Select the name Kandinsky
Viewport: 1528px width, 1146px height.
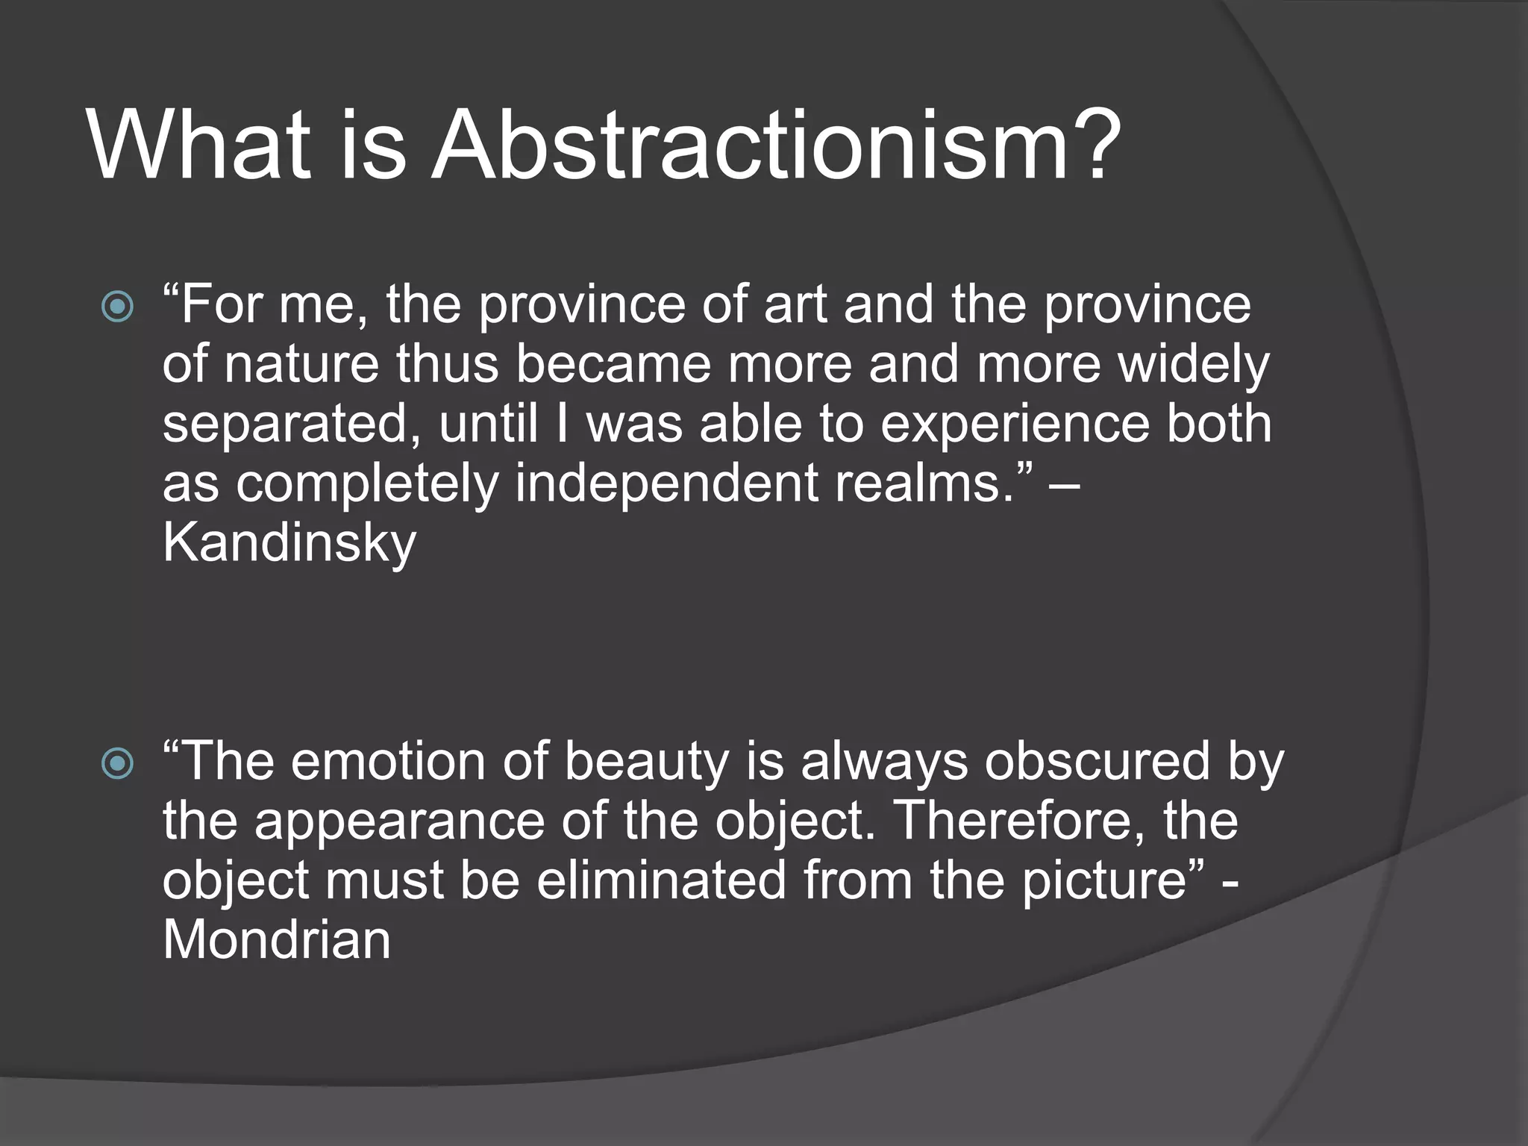point(289,543)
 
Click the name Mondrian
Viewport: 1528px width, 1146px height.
point(276,939)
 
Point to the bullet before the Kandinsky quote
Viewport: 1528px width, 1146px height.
point(118,307)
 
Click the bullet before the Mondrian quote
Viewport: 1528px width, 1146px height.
point(118,763)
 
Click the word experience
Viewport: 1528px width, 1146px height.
point(1015,424)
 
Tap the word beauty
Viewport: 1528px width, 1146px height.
point(645,763)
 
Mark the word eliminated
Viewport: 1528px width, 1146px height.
point(661,880)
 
